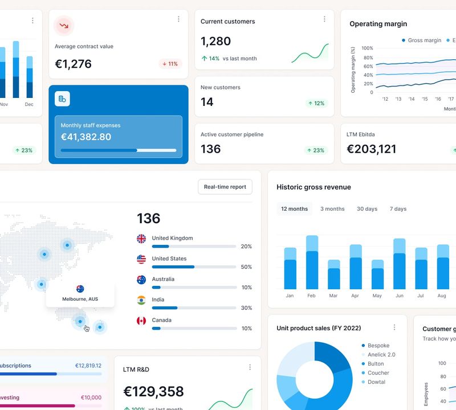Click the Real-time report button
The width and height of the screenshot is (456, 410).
coord(225,187)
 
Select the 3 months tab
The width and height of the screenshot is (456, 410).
coord(332,209)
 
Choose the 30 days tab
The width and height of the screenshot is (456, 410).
coord(367,209)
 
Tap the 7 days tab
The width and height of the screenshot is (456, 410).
coord(398,209)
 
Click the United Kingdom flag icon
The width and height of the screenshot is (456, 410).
coord(141,239)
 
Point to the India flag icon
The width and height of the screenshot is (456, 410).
coord(141,300)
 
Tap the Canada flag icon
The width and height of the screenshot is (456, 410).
coord(141,321)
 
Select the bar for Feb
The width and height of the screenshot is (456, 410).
coord(312,263)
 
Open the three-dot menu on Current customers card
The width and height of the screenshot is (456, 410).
coord(324,19)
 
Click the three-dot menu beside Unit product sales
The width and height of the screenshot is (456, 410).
coord(394,327)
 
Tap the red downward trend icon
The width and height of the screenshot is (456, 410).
coord(64,26)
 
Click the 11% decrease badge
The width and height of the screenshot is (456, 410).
coord(170,64)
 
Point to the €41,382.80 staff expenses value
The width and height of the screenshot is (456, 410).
coord(86,137)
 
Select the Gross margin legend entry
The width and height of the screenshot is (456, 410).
coord(421,40)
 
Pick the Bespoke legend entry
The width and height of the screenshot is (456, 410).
coord(378,346)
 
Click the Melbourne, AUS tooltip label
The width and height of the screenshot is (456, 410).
coord(80,299)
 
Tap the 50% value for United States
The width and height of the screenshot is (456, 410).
coord(246,267)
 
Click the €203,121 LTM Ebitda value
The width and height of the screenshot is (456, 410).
coord(372,149)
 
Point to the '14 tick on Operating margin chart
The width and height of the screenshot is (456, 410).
coord(412,99)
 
